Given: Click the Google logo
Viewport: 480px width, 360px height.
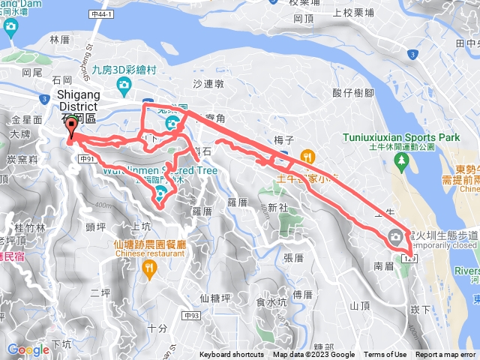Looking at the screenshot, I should (28, 349).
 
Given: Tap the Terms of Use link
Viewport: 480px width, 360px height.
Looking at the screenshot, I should (385, 355).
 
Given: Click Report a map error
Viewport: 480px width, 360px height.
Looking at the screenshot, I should (445, 355).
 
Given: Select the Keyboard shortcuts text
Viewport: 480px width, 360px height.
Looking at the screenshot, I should (232, 355).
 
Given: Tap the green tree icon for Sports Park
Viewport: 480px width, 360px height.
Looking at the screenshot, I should (403, 160).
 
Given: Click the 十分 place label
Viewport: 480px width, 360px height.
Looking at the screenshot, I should (157, 328).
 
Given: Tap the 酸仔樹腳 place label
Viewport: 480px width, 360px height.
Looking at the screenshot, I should (353, 92).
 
